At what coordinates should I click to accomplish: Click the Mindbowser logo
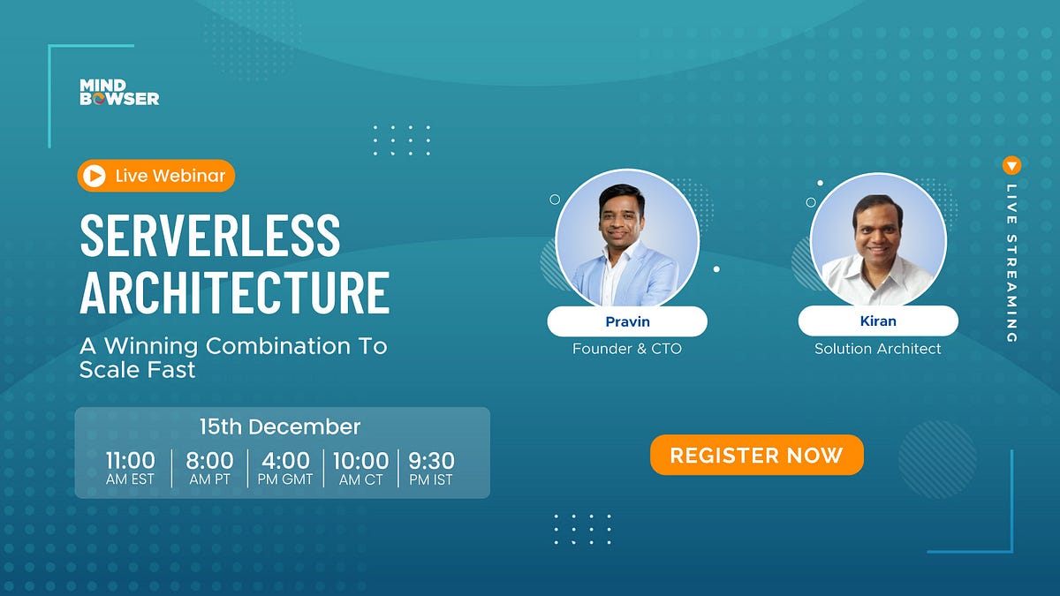coord(119,92)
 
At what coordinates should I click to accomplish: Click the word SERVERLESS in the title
coord(209,236)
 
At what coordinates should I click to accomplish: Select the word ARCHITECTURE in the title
coord(234,292)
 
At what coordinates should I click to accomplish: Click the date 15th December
coord(279,427)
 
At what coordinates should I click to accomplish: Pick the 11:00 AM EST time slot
coord(131,468)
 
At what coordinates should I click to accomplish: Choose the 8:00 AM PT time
coord(209,468)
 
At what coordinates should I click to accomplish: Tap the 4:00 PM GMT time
coord(285,468)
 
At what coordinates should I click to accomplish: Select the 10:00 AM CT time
coord(360,468)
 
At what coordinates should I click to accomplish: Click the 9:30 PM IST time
coord(432,468)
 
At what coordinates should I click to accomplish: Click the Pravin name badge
coord(626,321)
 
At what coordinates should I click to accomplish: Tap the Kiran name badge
coord(877,321)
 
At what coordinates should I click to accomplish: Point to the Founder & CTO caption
coord(626,349)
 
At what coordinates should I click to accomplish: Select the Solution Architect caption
coord(877,349)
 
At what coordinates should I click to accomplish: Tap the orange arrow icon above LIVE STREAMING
coord(1012,165)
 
